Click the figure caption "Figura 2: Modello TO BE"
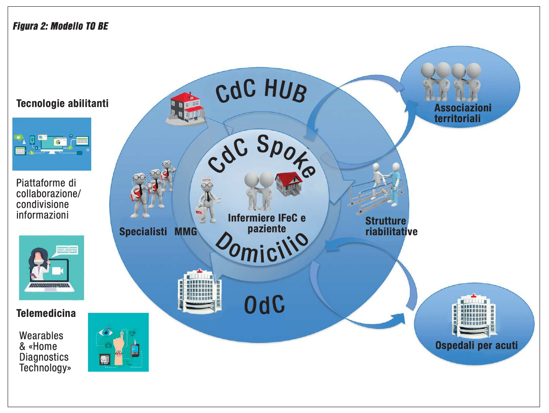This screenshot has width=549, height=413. coord(61,26)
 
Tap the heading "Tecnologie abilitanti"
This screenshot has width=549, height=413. coord(62,104)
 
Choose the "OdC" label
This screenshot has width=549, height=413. coord(264,305)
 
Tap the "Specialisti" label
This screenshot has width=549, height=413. coord(143,232)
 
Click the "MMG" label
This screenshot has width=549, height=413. coord(186,232)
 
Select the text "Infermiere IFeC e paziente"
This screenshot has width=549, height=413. coord(266,223)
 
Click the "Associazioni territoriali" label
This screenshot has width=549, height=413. coord(463,113)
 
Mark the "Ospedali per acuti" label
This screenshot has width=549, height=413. coord(476,346)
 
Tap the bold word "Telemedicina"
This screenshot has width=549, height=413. coord(46,313)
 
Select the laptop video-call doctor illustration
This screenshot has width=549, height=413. coord(51,268)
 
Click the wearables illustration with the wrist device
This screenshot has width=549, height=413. coord(118,342)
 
